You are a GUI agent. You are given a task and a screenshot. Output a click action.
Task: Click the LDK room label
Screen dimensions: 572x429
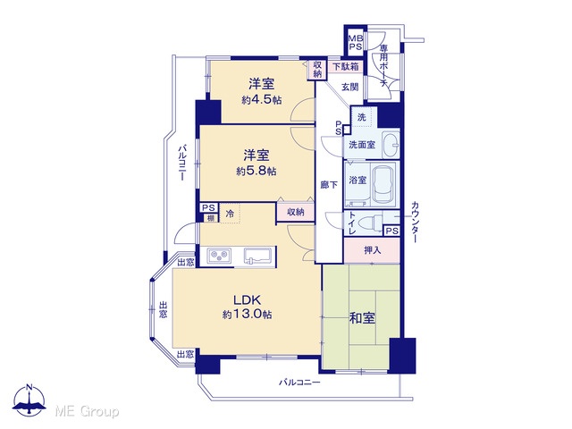[x=247, y=300]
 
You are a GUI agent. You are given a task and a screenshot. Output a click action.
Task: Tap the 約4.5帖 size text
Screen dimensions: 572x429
[x=262, y=99]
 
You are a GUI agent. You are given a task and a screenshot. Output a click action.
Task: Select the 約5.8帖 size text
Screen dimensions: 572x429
[x=257, y=171]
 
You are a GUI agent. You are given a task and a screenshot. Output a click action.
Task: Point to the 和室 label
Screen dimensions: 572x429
[x=362, y=318]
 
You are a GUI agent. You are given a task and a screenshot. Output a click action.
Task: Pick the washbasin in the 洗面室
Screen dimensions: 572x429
[x=391, y=145]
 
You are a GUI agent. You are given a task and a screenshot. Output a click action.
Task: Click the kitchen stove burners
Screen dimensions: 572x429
[x=219, y=256]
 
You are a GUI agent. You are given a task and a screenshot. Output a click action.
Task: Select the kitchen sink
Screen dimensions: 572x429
[x=257, y=256]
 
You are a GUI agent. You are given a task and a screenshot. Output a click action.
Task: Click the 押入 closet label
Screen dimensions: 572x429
[x=372, y=250]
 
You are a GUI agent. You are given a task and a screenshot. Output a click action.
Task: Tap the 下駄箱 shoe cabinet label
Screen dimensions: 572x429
[x=346, y=67]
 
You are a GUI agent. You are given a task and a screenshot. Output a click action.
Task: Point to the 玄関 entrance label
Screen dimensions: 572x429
[x=349, y=87]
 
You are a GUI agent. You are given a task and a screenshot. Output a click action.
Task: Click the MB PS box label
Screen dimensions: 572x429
[x=356, y=42]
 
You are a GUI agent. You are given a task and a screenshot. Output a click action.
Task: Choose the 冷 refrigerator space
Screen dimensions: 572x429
[x=230, y=214]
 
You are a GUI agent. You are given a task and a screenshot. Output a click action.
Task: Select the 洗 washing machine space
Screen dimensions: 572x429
[x=361, y=117]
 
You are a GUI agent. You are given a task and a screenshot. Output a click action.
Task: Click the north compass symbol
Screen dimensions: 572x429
[x=29, y=400]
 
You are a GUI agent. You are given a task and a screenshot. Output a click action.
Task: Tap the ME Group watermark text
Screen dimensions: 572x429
[x=87, y=412]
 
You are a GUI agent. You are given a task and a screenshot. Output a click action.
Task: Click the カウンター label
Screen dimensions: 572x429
[x=415, y=222]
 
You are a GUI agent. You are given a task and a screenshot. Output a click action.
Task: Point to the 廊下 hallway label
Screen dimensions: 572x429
[x=329, y=185]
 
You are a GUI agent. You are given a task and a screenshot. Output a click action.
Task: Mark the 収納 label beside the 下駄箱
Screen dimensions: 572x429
[x=318, y=70]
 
